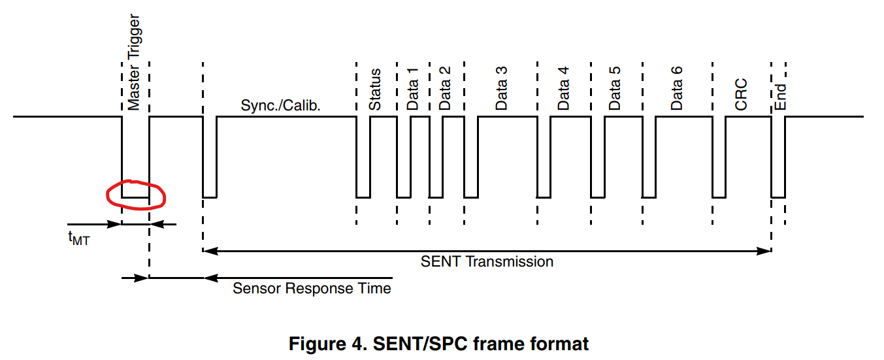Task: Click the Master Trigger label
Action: (x=134, y=62)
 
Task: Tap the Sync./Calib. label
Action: (x=281, y=105)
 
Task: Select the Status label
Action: (x=375, y=90)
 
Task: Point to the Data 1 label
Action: (x=413, y=88)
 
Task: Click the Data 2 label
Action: (x=446, y=88)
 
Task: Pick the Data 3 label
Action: (x=502, y=88)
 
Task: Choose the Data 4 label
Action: (x=563, y=88)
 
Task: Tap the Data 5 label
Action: (x=615, y=88)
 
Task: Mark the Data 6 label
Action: (x=677, y=88)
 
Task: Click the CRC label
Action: (x=741, y=95)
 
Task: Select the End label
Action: (x=780, y=97)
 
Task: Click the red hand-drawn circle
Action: (x=136, y=195)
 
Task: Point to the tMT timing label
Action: (x=78, y=240)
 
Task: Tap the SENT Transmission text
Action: (x=487, y=262)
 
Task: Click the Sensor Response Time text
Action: (x=312, y=288)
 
